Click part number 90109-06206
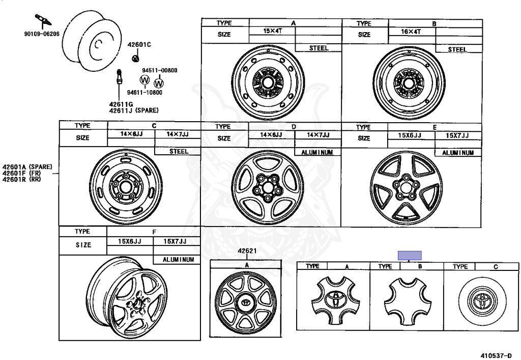click(42, 34)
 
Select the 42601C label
click(139, 44)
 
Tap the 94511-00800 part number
click(159, 70)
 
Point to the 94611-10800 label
click(144, 92)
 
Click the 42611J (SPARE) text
click(134, 110)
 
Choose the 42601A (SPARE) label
click(27, 167)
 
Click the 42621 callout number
click(247, 251)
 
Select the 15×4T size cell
click(273, 31)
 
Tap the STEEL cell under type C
click(179, 151)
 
